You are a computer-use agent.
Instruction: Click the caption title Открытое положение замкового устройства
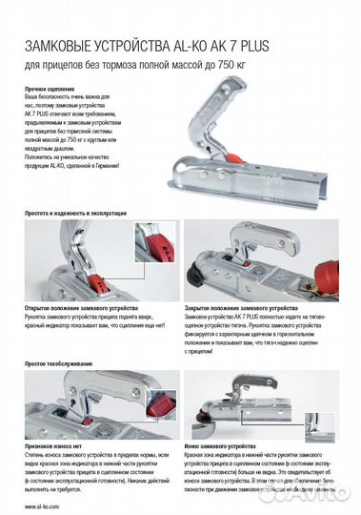(85, 310)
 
